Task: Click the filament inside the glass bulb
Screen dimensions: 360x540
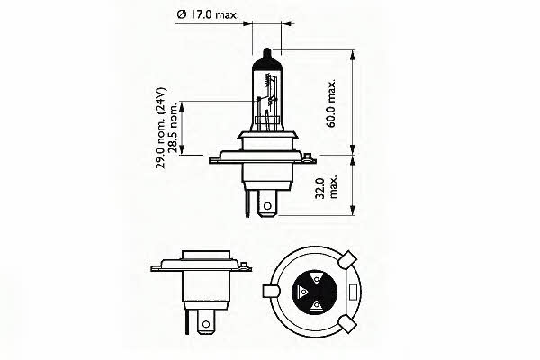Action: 269,89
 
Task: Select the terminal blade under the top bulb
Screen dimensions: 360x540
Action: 266,204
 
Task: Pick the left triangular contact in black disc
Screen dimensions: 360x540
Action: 302,293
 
